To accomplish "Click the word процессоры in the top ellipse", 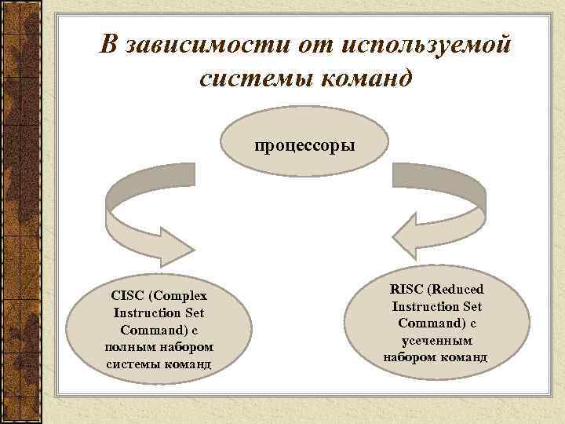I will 304,146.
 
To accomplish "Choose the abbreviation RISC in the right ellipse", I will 408,290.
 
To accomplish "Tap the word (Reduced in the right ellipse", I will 466,290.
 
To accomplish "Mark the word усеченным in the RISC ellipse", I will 437,341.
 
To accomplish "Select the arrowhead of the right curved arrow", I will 408,234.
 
